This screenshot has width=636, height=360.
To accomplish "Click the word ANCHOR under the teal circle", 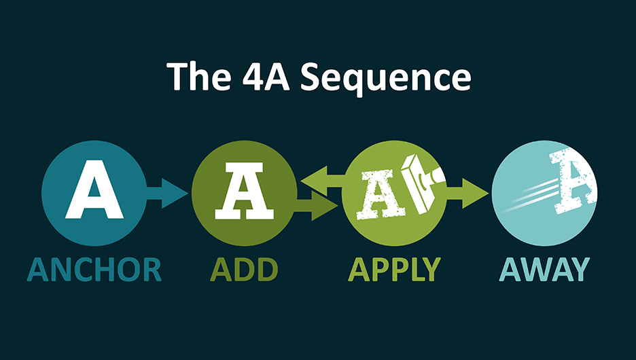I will tap(94, 270).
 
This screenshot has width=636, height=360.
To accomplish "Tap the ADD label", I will tap(245, 270).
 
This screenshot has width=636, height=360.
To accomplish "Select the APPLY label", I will tap(394, 270).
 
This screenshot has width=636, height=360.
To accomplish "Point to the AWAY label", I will tap(544, 270).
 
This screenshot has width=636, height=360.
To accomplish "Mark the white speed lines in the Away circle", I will tap(533, 194).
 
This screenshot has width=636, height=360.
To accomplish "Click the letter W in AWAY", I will tap(543, 270).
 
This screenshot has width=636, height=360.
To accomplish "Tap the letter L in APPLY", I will tap(414, 270).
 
